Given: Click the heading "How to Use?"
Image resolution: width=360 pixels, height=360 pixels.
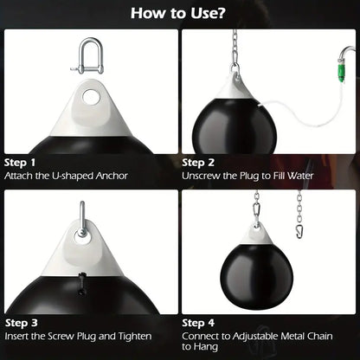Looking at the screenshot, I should point(180,14).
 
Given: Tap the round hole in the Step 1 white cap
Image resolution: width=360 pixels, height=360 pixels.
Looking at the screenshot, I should point(90,97).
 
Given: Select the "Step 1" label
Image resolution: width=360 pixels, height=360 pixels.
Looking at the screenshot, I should point(20,162).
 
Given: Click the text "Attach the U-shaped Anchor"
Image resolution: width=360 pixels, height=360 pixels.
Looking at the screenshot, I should point(66,176).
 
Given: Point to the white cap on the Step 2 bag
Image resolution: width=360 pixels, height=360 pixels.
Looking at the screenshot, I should point(235,87).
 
